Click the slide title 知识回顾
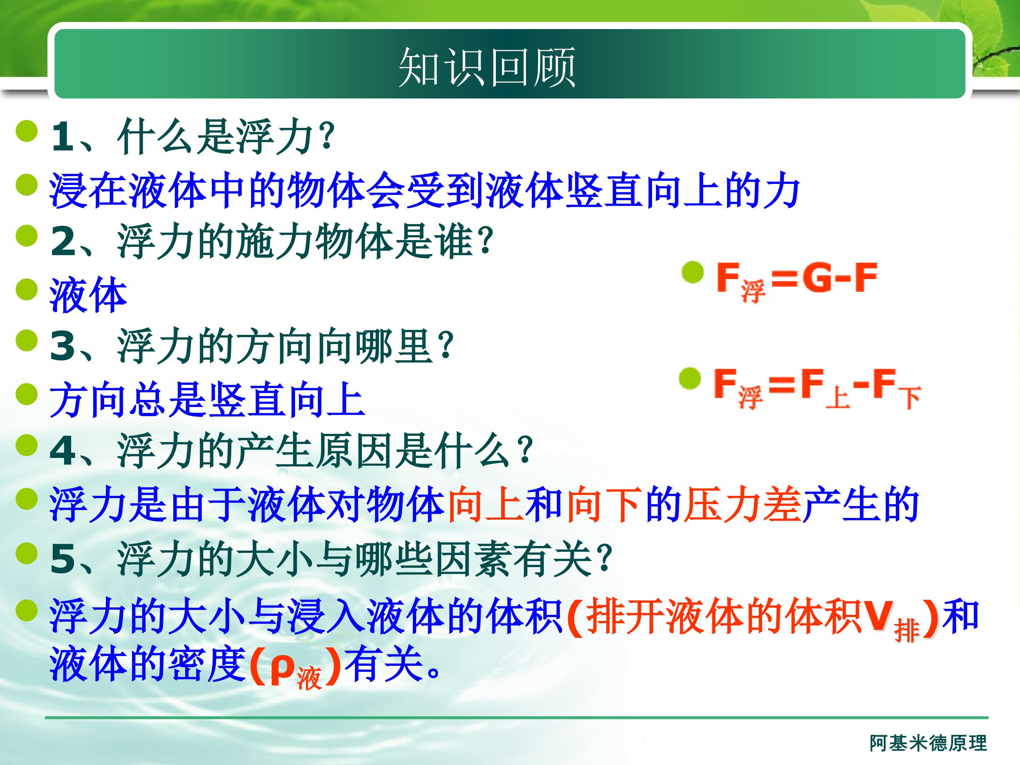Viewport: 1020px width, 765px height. click(x=487, y=67)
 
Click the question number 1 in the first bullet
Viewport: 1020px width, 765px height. click(x=63, y=137)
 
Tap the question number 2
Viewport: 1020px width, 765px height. click(x=63, y=241)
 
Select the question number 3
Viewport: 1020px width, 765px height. click(x=63, y=346)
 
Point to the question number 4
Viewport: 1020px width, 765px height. click(x=63, y=450)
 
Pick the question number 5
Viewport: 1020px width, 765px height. click(x=63, y=559)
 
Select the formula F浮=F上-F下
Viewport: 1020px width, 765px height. click(x=817, y=388)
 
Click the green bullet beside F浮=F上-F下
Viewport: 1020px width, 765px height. click(x=690, y=379)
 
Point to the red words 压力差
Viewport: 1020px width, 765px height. click(x=742, y=505)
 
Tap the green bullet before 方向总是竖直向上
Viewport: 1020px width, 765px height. click(x=26, y=394)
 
